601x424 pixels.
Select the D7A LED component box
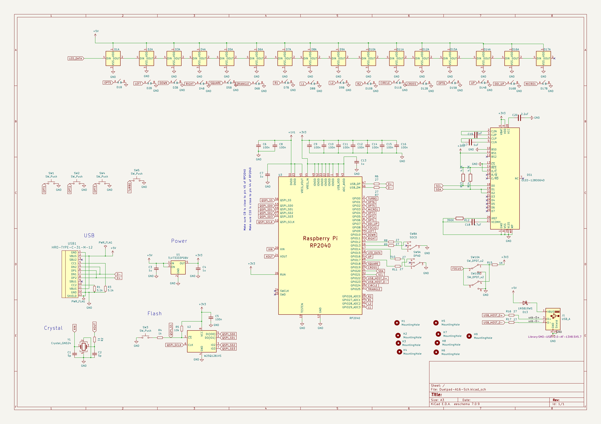tap(285, 59)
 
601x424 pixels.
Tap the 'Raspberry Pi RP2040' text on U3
tap(320, 242)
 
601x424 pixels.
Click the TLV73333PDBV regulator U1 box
tap(178, 267)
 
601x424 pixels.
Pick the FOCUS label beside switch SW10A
tap(457, 269)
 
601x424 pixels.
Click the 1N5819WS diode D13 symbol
tap(525, 303)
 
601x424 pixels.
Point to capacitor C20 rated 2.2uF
tap(520, 118)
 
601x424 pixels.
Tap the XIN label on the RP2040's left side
tap(270, 249)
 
